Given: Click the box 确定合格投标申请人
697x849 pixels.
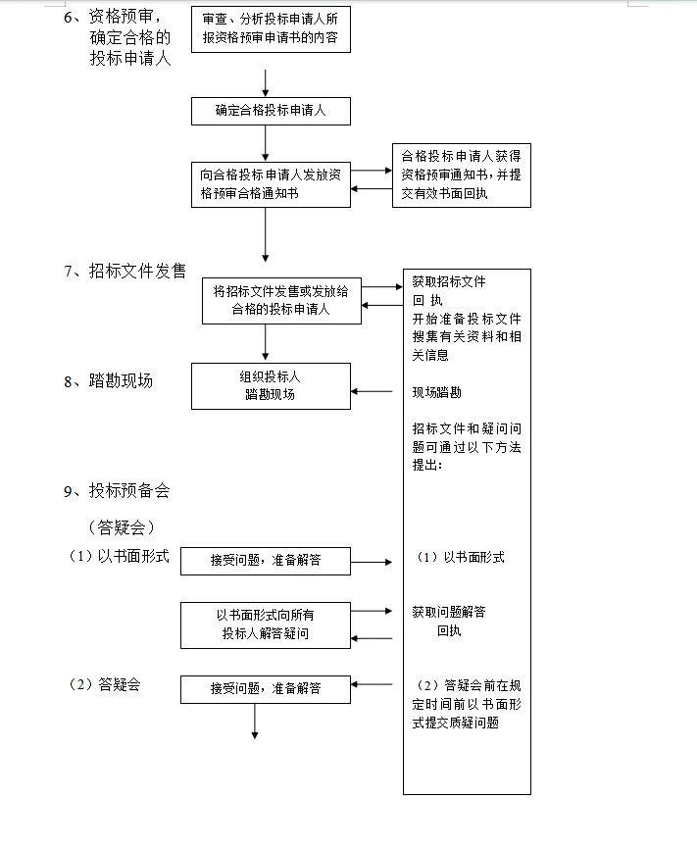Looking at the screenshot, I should coord(270,111).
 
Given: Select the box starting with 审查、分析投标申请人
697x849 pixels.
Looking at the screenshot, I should coord(270,31).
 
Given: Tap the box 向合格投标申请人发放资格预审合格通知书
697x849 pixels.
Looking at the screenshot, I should coord(270,184).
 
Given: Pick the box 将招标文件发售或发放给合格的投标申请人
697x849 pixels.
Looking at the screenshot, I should coord(281,300).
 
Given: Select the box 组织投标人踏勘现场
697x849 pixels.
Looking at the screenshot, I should coord(270,385).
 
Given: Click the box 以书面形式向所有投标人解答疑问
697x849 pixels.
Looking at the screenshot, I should coord(265,624).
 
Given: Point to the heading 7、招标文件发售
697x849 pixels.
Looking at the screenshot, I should coord(124,272).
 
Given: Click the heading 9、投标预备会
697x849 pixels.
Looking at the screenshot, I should coord(116,491).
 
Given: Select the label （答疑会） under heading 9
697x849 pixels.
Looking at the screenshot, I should coord(122,527).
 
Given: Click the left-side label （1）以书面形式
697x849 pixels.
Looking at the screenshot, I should coord(118,557).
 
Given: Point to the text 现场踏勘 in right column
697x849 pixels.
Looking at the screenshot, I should coord(436,392).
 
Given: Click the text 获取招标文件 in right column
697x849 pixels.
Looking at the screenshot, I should coord(448,281).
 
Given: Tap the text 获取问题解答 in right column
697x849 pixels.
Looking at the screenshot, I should coord(448,612).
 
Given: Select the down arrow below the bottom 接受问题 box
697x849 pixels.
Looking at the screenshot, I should coord(254,721).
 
